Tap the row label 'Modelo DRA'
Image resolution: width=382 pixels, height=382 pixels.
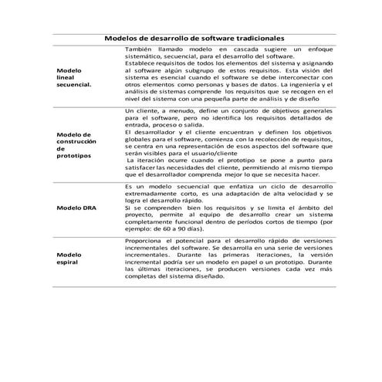(77, 209)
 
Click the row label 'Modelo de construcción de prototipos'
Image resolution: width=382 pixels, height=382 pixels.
(76, 144)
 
